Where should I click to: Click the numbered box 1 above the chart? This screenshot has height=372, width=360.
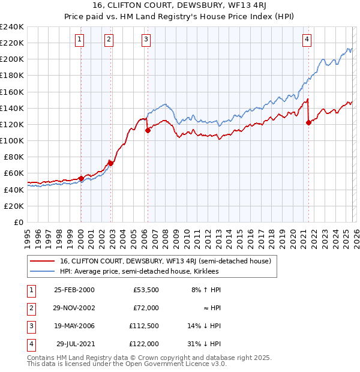tap(80, 40)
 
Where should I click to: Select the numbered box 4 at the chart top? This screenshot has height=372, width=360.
tap(307, 40)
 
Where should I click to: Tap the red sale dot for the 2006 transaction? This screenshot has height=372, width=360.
tap(148, 130)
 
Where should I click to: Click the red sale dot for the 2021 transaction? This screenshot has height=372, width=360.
tap(308, 122)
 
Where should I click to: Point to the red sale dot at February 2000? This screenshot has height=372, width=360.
tap(81, 178)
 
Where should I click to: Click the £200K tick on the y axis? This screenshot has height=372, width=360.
tap(12, 59)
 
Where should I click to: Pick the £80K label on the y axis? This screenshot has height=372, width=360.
tap(14, 157)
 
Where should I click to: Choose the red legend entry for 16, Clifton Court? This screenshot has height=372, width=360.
tap(166, 261)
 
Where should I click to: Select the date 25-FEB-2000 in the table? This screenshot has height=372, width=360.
tap(74, 290)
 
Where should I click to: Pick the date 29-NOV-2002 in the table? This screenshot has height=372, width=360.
tap(74, 308)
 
